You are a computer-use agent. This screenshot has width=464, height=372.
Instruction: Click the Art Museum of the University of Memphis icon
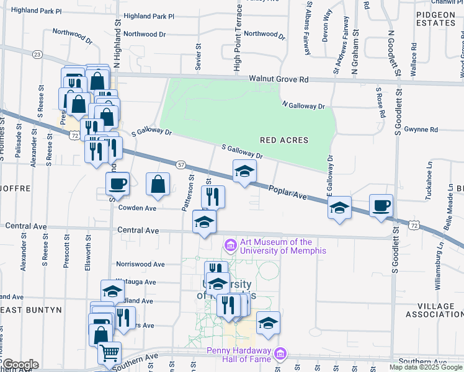pyautogui.click(x=231, y=246)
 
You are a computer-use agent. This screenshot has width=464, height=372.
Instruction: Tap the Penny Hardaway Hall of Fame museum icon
pyautogui.click(x=281, y=353)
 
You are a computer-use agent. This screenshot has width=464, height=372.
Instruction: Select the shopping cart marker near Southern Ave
pyautogui.click(x=109, y=353)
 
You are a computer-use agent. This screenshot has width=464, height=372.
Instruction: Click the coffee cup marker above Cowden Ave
pyautogui.click(x=117, y=184)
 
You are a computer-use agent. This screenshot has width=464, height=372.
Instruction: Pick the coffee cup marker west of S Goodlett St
pyautogui.click(x=381, y=205)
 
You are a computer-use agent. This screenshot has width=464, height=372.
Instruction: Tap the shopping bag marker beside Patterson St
pyautogui.click(x=158, y=184)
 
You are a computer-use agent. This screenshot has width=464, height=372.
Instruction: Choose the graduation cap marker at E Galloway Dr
pyautogui.click(x=339, y=208)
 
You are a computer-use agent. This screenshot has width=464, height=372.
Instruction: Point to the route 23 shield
pyautogui.click(x=38, y=55)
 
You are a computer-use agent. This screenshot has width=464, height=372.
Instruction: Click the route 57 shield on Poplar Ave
pyautogui.click(x=181, y=164)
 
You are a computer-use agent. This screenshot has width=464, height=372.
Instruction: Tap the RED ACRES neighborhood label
pyautogui.click(x=284, y=141)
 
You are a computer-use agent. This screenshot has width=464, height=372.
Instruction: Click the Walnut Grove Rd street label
pyautogui.click(x=279, y=79)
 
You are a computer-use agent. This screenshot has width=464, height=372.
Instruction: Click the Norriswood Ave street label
pyautogui.click(x=140, y=264)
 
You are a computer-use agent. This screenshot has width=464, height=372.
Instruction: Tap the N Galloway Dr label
pyautogui.click(x=303, y=105)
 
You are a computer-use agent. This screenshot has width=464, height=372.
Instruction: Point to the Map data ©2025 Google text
pyautogui.click(x=425, y=367)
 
